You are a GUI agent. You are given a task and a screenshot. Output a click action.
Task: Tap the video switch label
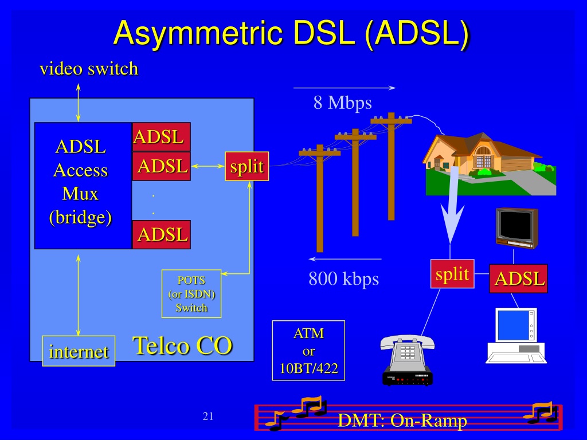click(x=89, y=69)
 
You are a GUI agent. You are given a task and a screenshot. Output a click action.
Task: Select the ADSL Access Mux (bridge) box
click(x=83, y=186)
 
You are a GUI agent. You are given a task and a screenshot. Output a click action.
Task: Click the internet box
click(x=79, y=351)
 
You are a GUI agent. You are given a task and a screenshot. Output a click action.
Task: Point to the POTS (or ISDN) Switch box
click(x=191, y=294)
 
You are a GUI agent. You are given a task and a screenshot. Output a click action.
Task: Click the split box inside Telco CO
click(x=246, y=166)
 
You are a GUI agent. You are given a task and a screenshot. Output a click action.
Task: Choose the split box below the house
click(x=452, y=274)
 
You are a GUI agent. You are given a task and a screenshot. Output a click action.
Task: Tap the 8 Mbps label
click(x=343, y=103)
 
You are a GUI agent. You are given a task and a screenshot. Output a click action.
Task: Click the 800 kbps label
click(x=344, y=279)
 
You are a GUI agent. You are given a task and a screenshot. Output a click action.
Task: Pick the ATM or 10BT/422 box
click(x=308, y=351)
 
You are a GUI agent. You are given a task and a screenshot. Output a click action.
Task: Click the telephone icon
click(x=408, y=360)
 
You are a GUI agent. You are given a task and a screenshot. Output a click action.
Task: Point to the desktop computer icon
click(x=516, y=336)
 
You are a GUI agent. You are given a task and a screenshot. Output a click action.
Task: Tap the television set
click(x=516, y=228)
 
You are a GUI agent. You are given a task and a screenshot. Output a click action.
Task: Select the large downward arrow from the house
click(x=452, y=206)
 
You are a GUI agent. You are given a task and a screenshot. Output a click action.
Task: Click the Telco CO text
click(x=183, y=345)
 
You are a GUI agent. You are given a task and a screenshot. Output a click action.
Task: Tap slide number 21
click(x=208, y=416)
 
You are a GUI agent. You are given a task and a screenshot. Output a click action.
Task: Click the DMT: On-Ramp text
click(x=402, y=420)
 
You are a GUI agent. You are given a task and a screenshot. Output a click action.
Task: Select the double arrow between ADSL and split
click(x=208, y=166)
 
